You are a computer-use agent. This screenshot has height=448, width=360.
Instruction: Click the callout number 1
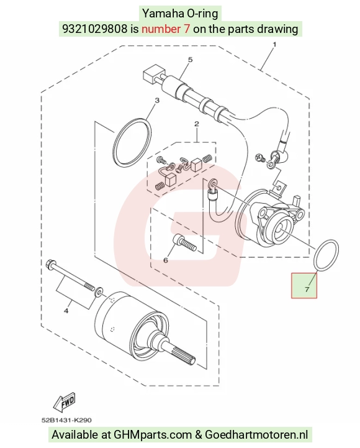pos(274,45)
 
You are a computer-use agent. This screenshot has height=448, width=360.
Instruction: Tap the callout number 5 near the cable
pos(190,60)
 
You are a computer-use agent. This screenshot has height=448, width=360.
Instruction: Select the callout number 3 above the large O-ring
pos(157,101)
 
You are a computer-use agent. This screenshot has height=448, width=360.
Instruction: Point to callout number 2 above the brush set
pos(196,124)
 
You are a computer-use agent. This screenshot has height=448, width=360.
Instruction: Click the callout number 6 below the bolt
pos(166,260)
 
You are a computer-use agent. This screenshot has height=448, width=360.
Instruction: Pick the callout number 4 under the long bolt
pos(66,311)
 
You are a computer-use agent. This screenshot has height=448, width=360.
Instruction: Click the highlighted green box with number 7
pos(304,286)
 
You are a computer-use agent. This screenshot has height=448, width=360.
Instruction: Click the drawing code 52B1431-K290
pos(66,420)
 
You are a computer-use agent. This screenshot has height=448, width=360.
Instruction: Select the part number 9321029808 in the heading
pos(94,29)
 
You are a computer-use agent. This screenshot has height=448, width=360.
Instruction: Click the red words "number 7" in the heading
pos(166,29)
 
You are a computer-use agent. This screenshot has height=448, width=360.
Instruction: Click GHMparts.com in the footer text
pos(153,435)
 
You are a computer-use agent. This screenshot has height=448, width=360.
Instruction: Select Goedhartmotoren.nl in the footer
pos(256,435)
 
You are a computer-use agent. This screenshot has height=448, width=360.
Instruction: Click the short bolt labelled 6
pos(184,243)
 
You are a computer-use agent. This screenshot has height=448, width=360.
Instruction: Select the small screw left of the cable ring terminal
pos(259,157)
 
